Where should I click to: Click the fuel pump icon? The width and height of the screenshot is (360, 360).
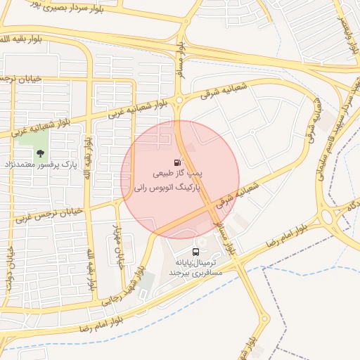(x=176, y=162)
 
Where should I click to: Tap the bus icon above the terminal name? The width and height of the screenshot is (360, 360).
(x=195, y=252)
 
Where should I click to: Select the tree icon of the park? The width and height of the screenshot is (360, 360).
(x=41, y=154)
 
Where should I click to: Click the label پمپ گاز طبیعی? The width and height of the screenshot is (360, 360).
(x=179, y=173)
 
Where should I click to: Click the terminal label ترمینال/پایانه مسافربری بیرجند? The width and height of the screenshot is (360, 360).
(x=195, y=266)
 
